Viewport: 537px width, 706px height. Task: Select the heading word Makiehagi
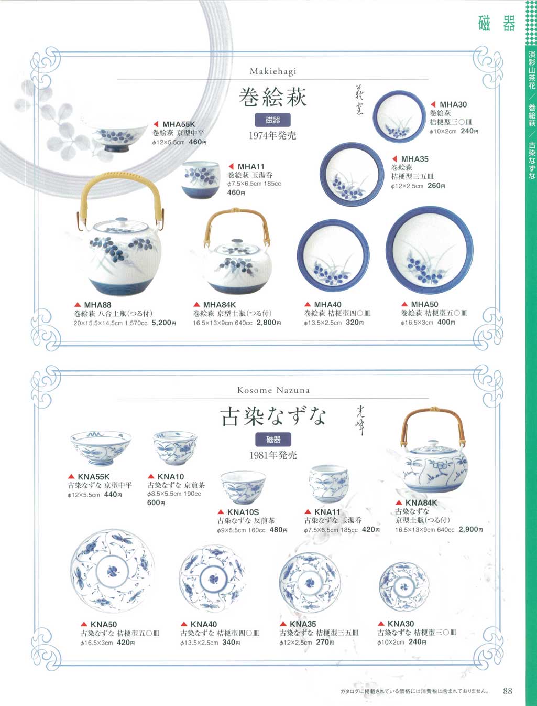(x=272, y=71)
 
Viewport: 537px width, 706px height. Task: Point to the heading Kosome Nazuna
(x=273, y=390)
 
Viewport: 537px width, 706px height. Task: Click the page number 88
(x=507, y=691)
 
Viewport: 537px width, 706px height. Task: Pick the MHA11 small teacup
(x=201, y=179)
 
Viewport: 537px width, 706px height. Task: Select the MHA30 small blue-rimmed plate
(x=399, y=116)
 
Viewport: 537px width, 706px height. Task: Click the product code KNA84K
(x=421, y=502)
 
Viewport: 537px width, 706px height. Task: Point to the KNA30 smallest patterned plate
(x=403, y=586)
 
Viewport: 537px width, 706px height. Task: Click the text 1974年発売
(x=272, y=135)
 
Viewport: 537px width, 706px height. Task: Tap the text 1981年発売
(x=273, y=455)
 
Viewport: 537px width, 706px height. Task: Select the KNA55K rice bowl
(x=101, y=447)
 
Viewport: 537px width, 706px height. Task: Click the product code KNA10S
(x=243, y=512)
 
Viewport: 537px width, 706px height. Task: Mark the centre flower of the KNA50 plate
(x=113, y=571)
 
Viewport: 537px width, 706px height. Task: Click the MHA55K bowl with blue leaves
(x=117, y=136)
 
